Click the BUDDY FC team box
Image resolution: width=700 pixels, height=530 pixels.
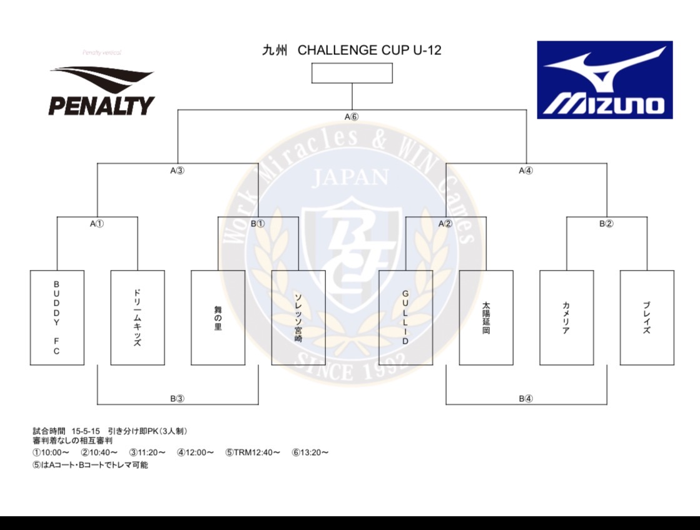[57, 317]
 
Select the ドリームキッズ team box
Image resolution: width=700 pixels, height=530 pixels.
[138, 317]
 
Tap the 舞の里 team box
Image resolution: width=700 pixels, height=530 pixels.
[218, 317]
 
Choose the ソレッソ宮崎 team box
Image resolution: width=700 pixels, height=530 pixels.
[298, 317]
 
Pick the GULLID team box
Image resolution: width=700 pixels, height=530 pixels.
[405, 317]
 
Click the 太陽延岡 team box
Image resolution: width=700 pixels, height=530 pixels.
[486, 317]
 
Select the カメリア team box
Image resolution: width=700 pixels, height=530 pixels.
[566, 317]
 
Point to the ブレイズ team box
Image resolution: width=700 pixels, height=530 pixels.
[647, 317]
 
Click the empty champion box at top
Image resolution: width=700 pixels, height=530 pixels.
[352, 73]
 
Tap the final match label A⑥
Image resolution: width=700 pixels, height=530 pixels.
[352, 117]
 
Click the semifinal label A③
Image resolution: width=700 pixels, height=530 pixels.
[177, 170]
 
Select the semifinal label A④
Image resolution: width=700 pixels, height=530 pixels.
[525, 170]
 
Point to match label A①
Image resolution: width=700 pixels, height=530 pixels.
[97, 224]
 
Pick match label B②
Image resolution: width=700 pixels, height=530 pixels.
[606, 224]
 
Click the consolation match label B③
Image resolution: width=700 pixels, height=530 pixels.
[177, 398]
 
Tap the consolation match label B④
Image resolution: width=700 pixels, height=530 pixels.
[525, 398]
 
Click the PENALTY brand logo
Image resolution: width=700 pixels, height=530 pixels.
[101, 92]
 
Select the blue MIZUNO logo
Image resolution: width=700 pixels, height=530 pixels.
[604, 80]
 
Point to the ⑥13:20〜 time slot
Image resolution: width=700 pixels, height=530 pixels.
[310, 452]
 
